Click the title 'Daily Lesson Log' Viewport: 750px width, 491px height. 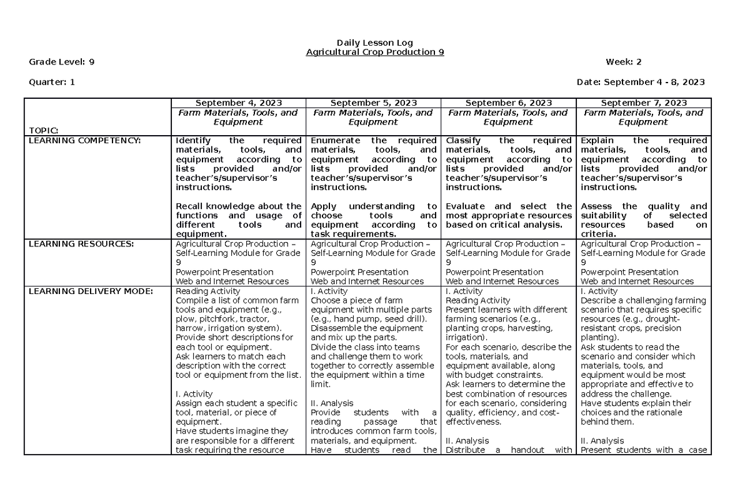point(374,43)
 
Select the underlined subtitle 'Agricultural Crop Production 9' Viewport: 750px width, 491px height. point(374,52)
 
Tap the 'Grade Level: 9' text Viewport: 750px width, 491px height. point(62,61)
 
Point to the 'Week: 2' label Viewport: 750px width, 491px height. point(623,61)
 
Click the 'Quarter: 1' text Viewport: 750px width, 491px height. point(52,82)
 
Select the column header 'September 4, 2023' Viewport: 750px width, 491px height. point(238,103)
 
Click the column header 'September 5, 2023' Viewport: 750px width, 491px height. point(373,103)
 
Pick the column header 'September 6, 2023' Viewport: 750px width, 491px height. point(508,103)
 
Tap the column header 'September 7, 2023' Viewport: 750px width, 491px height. point(644,103)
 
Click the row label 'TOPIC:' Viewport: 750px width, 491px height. point(44,130)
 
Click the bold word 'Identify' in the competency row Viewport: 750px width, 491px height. point(194,141)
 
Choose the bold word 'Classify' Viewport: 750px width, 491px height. point(463,141)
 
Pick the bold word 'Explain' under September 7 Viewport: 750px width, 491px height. point(597,141)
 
